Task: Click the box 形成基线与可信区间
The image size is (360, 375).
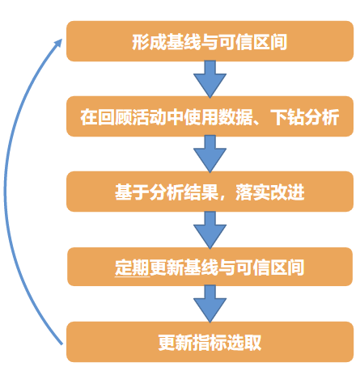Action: (210, 41)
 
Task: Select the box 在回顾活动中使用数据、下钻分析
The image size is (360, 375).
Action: (210, 116)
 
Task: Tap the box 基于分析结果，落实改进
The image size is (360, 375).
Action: (210, 192)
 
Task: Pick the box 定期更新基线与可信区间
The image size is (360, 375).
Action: (210, 267)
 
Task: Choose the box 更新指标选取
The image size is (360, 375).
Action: (210, 342)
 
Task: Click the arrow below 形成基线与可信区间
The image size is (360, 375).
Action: (210, 78)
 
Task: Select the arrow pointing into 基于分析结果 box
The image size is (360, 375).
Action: (210, 154)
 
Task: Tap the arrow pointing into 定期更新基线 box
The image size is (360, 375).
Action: (210, 230)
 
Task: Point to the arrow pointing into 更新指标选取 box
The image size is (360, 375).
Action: (210, 304)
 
